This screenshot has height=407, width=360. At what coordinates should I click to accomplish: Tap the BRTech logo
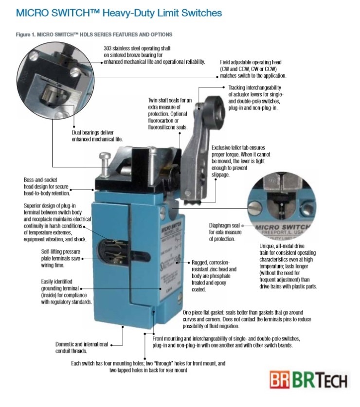[308, 379]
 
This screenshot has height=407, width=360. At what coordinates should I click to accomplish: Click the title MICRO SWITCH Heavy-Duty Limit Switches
[119, 13]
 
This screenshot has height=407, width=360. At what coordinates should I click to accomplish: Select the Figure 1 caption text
[94, 35]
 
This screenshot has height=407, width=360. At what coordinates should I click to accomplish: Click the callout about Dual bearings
[97, 136]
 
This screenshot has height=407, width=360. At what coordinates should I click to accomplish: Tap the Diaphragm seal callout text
[225, 232]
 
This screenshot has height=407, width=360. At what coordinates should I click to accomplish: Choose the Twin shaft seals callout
[170, 114]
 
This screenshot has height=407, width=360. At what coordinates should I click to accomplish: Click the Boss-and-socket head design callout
[47, 186]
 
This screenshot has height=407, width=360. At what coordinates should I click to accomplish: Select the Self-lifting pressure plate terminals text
[60, 258]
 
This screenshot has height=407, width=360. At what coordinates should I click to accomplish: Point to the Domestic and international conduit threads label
[82, 347]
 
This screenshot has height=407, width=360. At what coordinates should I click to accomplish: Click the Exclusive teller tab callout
[241, 161]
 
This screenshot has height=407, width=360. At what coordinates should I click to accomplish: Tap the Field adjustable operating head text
[253, 69]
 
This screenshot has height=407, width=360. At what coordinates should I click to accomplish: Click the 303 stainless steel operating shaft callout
[154, 55]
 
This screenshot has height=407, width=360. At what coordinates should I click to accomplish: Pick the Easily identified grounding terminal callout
[66, 291]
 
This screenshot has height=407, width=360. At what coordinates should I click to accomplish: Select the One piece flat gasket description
[247, 319]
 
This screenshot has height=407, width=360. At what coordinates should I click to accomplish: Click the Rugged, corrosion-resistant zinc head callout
[214, 276]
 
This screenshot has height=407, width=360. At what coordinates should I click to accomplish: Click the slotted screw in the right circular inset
[254, 208]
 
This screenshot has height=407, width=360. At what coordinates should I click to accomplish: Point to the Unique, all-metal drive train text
[288, 266]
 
